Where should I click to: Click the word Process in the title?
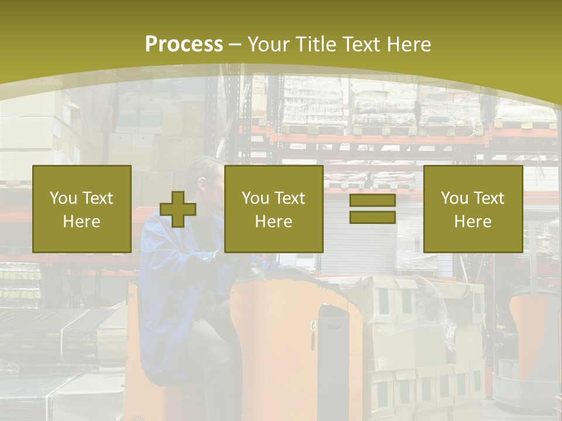point(184,44)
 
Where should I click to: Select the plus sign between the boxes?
point(178,209)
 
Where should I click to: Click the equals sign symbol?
point(372,209)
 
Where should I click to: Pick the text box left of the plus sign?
point(82,209)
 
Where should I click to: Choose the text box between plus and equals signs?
point(273,209)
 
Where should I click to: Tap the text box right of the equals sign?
point(472,209)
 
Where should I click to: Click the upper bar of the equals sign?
point(372,201)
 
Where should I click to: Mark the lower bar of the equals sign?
point(372,217)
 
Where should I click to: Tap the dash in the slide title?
point(235,45)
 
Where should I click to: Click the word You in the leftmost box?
point(62,198)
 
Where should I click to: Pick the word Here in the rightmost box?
point(472,222)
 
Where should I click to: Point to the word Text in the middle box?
point(290,198)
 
